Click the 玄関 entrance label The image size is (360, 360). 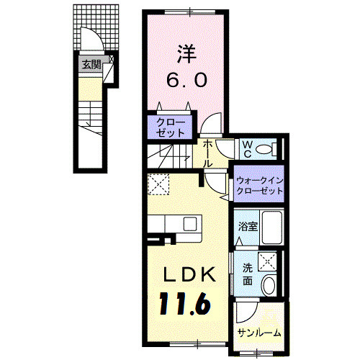(91, 65)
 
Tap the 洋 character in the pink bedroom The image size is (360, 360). (187, 54)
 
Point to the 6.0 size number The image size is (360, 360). (186, 80)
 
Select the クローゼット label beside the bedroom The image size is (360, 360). (171, 127)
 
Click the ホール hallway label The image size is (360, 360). (207, 153)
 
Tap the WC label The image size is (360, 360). (248, 149)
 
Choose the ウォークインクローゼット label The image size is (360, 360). (260, 186)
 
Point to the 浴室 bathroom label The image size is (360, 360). (248, 226)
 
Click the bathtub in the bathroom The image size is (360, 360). (272, 228)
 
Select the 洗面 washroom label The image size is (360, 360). (248, 274)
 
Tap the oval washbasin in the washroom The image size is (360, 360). (269, 286)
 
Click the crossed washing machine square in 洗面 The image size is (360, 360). (267, 261)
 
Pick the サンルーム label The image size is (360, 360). (259, 333)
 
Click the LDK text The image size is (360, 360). (189, 274)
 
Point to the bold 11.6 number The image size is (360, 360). (184, 304)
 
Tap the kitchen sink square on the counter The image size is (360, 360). (190, 224)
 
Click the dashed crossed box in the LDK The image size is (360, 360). (158, 184)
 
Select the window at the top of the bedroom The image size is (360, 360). (190, 12)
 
